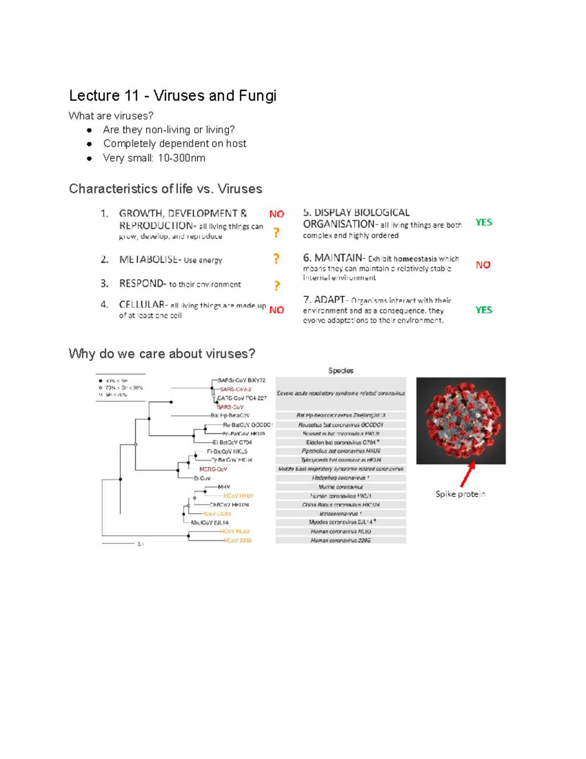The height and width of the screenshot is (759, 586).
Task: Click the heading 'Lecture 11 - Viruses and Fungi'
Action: coord(172,95)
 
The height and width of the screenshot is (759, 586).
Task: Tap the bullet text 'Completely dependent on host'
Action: coord(174,144)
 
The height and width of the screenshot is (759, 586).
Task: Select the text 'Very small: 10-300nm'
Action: coord(154,158)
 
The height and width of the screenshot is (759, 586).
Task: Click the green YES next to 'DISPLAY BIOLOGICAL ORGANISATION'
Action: coord(483,222)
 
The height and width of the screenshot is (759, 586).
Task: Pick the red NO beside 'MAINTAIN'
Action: coord(483,265)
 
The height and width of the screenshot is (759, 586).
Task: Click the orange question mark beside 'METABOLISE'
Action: coord(276,259)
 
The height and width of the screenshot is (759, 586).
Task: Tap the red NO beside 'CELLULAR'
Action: coord(276,310)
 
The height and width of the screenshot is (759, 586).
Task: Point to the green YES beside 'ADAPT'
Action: coord(483,310)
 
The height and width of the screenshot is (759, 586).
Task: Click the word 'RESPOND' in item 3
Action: coord(142,283)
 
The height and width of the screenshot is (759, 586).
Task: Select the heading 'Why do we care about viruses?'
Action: coord(162,353)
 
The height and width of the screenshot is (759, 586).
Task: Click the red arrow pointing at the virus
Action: coord(468,474)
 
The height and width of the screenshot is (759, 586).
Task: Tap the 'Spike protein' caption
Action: coord(460,494)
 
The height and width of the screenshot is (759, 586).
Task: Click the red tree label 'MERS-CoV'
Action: coord(213,469)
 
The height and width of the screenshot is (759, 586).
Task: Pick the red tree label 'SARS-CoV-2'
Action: coord(235,389)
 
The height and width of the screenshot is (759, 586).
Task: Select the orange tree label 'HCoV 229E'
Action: coord(238,541)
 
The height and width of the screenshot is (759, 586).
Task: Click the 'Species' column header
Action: coord(341,370)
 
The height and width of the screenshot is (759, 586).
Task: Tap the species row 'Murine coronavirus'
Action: coord(341,487)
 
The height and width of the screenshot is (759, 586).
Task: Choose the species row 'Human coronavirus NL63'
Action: coord(341,531)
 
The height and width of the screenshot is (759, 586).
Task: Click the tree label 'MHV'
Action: coord(224,487)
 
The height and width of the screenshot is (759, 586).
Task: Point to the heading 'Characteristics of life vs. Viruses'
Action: coord(165,189)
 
